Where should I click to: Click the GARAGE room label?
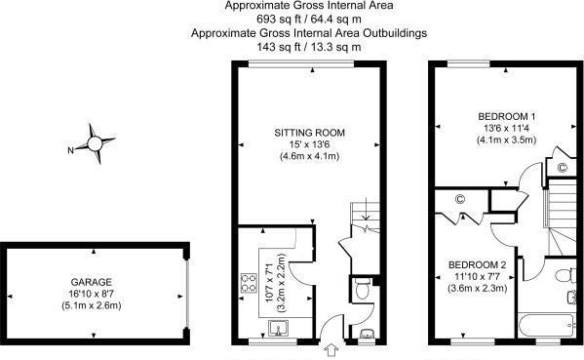click(92, 282)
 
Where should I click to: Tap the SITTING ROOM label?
click(309, 133)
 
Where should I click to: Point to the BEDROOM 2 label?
click(477, 265)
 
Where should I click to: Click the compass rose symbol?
click(95, 143)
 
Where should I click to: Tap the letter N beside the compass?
click(70, 150)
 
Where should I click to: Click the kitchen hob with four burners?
click(249, 283)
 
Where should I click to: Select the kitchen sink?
click(278, 329)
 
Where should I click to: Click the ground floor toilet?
click(362, 288)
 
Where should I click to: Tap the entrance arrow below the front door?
click(331, 350)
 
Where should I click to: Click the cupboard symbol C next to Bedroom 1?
click(562, 168)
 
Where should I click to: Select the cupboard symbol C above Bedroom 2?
click(460, 199)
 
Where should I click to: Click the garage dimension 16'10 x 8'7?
click(92, 294)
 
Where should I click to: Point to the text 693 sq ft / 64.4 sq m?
click(309, 19)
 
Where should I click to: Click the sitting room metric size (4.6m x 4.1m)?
click(309, 156)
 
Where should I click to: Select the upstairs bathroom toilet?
click(563, 275)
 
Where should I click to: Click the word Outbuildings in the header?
click(395, 33)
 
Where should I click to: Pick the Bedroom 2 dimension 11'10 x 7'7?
click(477, 276)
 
